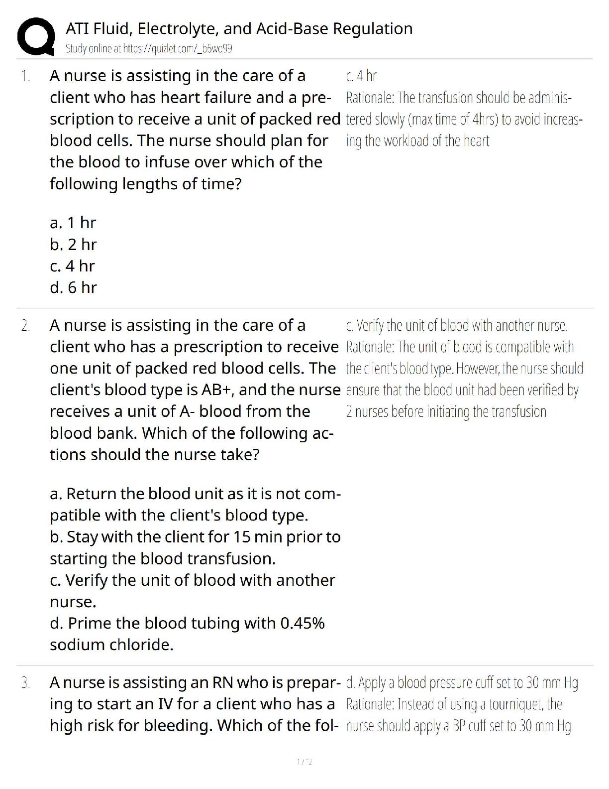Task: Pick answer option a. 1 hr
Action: tap(73, 223)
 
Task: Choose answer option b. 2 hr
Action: tap(73, 245)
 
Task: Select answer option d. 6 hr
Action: tap(73, 287)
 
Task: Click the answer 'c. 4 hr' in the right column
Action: tap(361, 76)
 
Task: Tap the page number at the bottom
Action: tap(304, 762)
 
